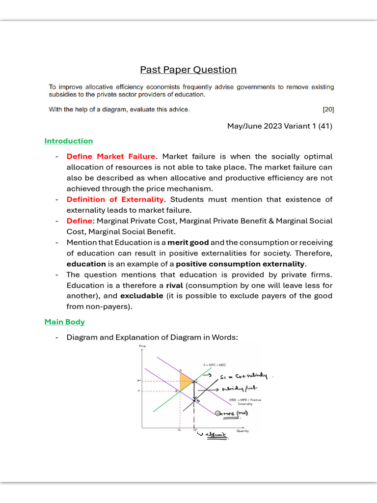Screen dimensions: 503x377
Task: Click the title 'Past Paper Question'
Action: click(188, 70)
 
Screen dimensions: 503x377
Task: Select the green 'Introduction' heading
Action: click(68, 141)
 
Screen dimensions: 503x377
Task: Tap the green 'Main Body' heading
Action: click(64, 322)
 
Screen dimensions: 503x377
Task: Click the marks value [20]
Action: click(328, 109)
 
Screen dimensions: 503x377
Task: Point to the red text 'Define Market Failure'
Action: click(110, 156)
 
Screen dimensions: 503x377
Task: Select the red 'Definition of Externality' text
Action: click(115, 199)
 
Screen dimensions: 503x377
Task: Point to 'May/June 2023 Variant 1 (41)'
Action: click(279, 126)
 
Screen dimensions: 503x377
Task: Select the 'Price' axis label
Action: click(142, 346)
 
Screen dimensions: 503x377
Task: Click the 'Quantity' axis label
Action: click(242, 431)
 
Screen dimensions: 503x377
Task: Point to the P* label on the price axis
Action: click(139, 381)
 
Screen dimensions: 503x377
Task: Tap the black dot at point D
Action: click(194, 401)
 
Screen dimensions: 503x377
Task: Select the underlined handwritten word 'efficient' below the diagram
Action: click(216, 435)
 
